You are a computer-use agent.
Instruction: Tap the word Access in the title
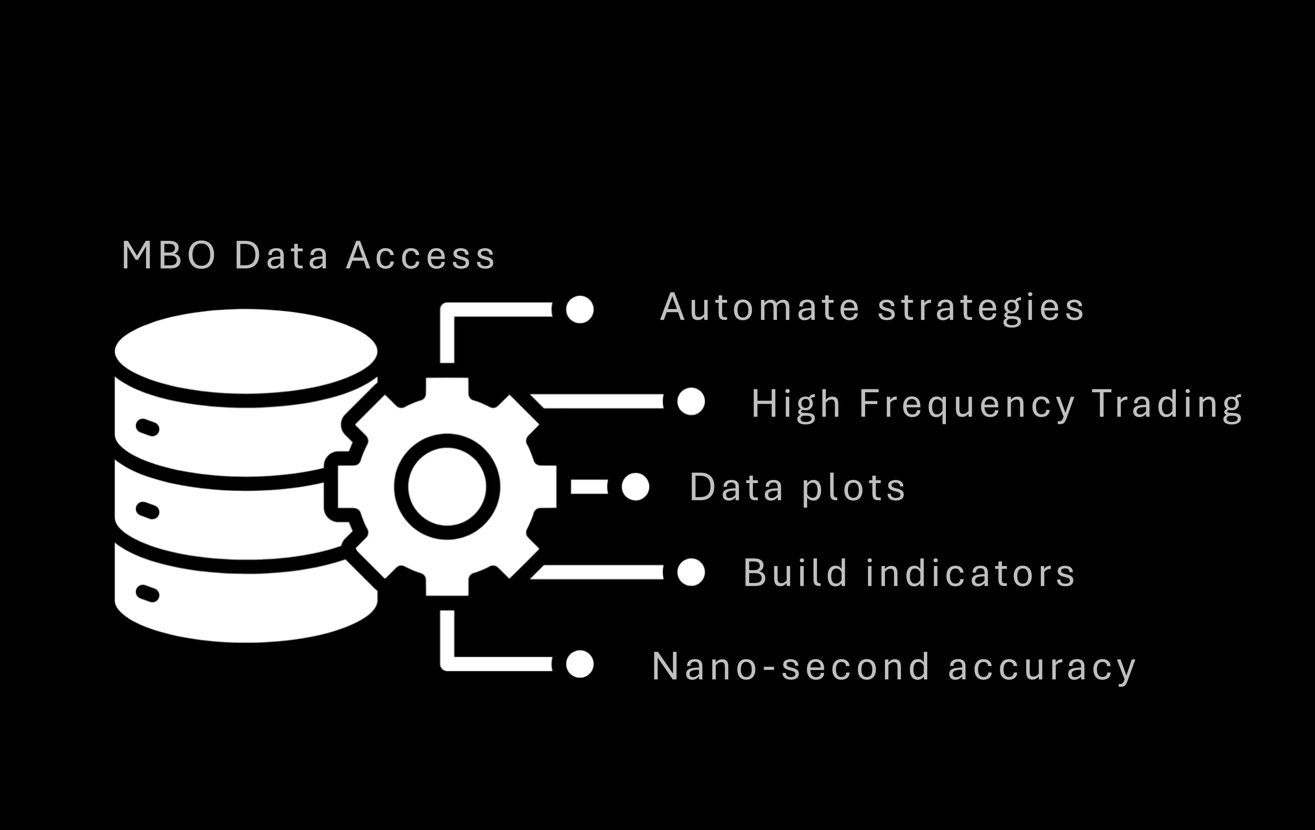pos(421,255)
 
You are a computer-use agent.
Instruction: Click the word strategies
pos(981,308)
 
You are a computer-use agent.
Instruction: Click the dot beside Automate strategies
pos(580,310)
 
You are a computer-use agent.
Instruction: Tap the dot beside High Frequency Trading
pos(691,402)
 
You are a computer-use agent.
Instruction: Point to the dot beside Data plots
pos(635,486)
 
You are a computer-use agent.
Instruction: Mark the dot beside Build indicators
pos(691,572)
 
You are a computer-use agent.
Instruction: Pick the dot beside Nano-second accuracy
pos(580,664)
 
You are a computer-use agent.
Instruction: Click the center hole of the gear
pos(447,486)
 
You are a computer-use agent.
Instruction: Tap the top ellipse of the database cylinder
pos(246,351)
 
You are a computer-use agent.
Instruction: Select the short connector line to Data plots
pos(589,486)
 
